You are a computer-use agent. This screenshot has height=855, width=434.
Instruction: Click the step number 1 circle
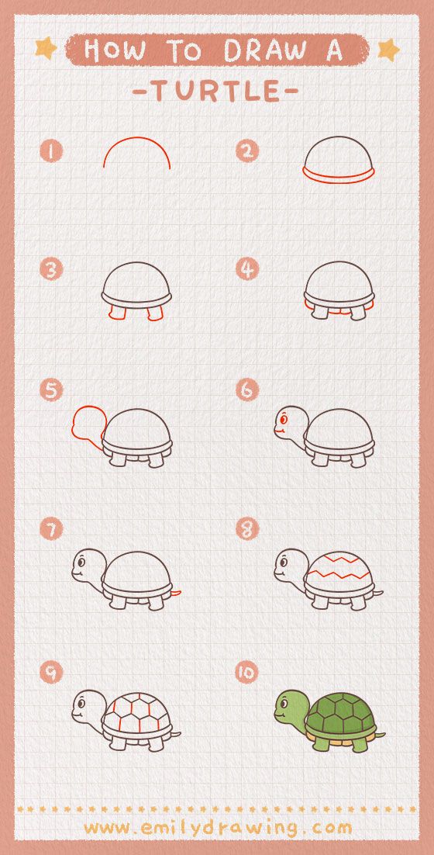click(50, 151)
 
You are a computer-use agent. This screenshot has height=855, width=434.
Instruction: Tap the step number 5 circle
click(50, 390)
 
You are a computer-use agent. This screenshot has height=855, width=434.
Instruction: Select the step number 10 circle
click(246, 673)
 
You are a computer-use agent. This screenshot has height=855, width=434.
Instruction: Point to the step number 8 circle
click(247, 528)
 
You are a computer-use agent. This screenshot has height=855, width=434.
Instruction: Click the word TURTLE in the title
click(215, 91)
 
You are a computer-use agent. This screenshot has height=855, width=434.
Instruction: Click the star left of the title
click(46, 48)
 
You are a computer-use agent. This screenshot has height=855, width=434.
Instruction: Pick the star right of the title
click(388, 50)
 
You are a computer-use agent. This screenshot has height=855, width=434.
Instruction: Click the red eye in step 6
click(283, 420)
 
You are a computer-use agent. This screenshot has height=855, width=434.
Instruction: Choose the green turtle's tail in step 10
click(380, 735)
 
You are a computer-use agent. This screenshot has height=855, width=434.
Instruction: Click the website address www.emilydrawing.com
click(218, 828)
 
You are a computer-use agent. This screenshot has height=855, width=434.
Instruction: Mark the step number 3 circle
click(51, 269)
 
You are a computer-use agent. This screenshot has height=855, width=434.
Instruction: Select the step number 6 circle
click(247, 389)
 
